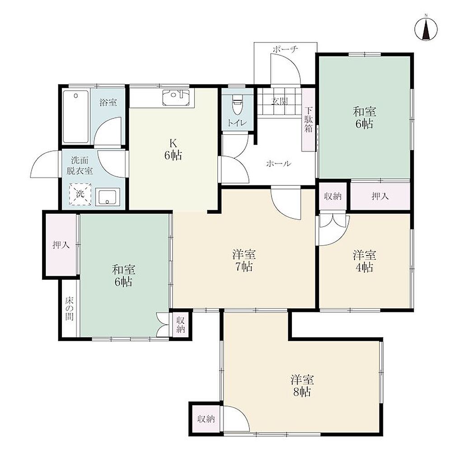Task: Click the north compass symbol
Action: click(x=426, y=29)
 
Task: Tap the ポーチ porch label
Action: click(x=285, y=49)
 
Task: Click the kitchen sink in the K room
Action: click(x=176, y=98)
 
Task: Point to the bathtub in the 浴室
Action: click(x=76, y=117)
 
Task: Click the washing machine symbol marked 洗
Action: click(x=80, y=194)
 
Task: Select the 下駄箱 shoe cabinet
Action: click(x=309, y=119)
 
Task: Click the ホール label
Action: click(x=278, y=163)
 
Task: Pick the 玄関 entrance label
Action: click(x=279, y=101)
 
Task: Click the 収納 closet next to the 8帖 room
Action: click(x=206, y=419)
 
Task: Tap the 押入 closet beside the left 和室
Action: click(x=61, y=245)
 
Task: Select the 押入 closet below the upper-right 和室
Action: click(x=380, y=196)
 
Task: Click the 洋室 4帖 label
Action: click(x=364, y=261)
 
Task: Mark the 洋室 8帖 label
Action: click(x=302, y=386)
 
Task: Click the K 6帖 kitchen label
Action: click(x=173, y=149)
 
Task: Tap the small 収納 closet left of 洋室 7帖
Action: click(x=181, y=324)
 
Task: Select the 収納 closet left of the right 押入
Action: click(x=333, y=196)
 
